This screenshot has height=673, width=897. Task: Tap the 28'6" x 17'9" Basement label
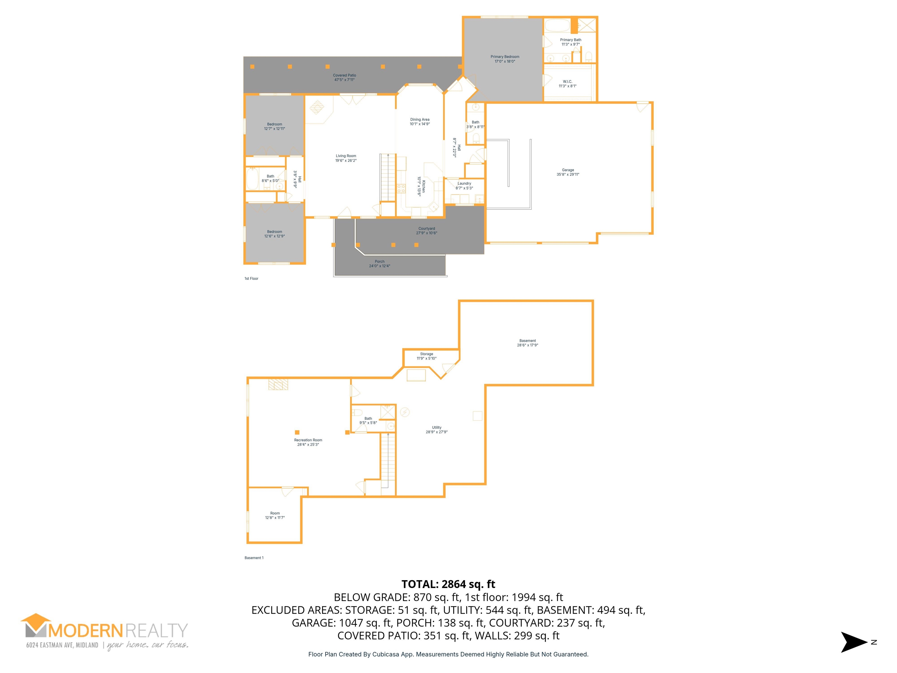click(528, 343)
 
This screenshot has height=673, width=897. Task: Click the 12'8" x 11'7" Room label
click(275, 516)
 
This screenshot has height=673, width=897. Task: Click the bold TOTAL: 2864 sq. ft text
click(448, 584)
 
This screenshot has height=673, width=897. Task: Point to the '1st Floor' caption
click(251, 279)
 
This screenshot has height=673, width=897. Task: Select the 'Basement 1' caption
click(254, 558)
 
